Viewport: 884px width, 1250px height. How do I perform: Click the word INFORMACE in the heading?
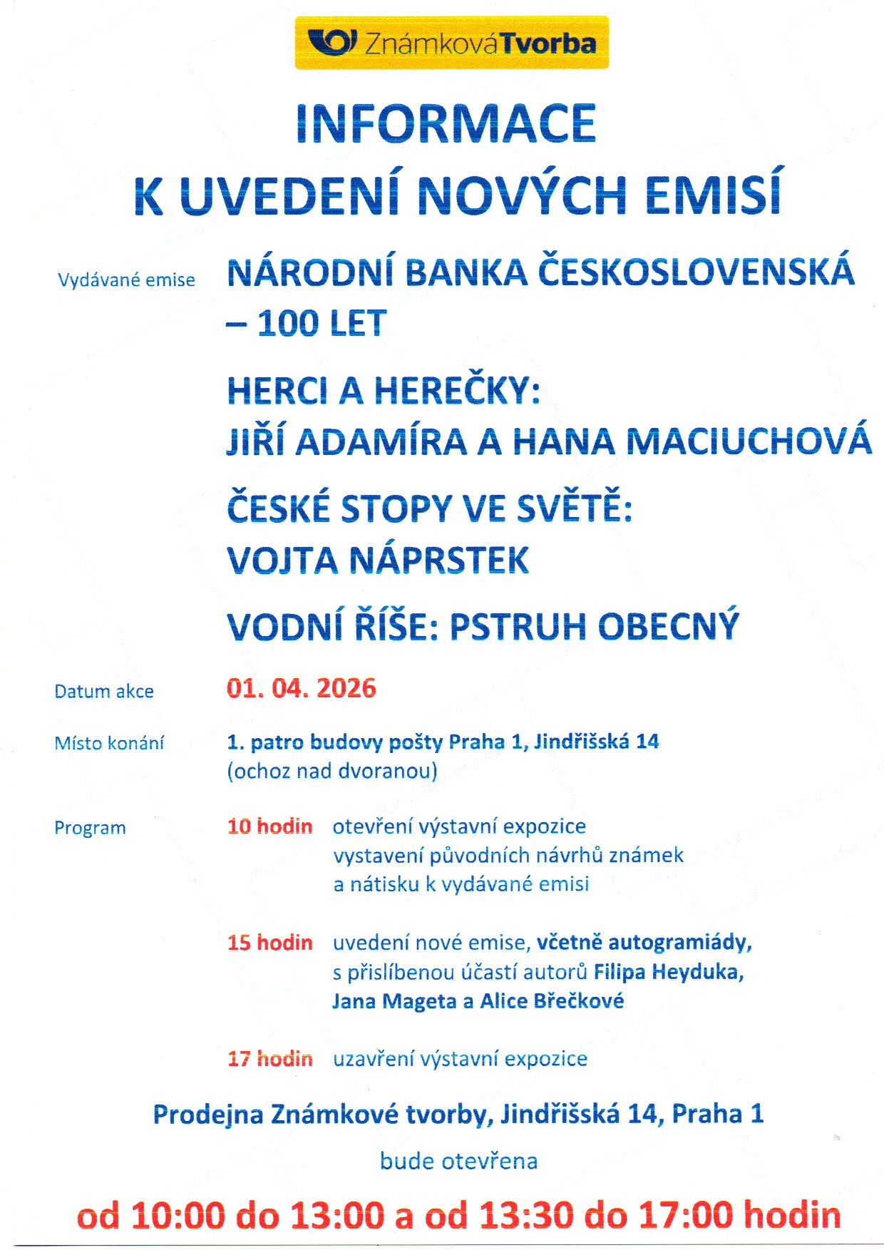pyautogui.click(x=446, y=124)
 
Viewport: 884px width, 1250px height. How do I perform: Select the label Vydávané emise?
pyautogui.click(x=126, y=280)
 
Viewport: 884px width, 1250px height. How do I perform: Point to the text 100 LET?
pyautogui.click(x=322, y=324)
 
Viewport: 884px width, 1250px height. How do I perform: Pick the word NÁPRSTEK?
pyautogui.click(x=438, y=560)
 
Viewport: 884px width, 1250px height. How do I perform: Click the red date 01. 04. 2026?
pyautogui.click(x=301, y=688)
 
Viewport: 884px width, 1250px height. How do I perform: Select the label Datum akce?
pyautogui.click(x=104, y=691)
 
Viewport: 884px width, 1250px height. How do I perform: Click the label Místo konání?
pyautogui.click(x=109, y=743)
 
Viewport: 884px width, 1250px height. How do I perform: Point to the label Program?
pyautogui.click(x=90, y=828)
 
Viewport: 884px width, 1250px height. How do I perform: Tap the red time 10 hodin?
pyautogui.click(x=269, y=826)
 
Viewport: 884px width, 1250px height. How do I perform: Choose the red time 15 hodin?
pyautogui.click(x=269, y=943)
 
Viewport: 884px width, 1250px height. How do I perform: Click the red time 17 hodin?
pyautogui.click(x=269, y=1059)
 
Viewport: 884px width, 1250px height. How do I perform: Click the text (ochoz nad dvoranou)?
pyautogui.click(x=331, y=771)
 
